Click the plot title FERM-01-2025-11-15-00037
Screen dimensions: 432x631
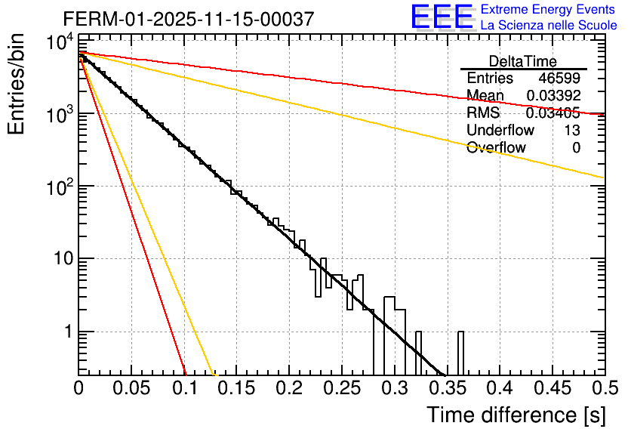tap(189, 19)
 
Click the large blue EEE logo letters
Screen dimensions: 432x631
tap(441, 17)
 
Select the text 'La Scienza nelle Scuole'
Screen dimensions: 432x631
tap(549, 25)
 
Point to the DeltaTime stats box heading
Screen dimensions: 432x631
tap(523, 61)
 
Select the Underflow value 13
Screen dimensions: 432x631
tap(572, 131)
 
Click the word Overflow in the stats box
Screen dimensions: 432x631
tap(496, 148)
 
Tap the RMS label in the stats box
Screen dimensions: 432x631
tap(483, 113)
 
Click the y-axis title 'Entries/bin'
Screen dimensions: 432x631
tap(17, 85)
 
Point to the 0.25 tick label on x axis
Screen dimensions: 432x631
tap(342, 389)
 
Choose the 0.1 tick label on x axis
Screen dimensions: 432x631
tap(184, 389)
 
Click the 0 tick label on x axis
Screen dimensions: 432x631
tap(79, 389)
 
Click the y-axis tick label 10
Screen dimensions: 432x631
tap(59, 259)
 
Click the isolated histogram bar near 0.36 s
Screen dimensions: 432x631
tap(460, 353)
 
